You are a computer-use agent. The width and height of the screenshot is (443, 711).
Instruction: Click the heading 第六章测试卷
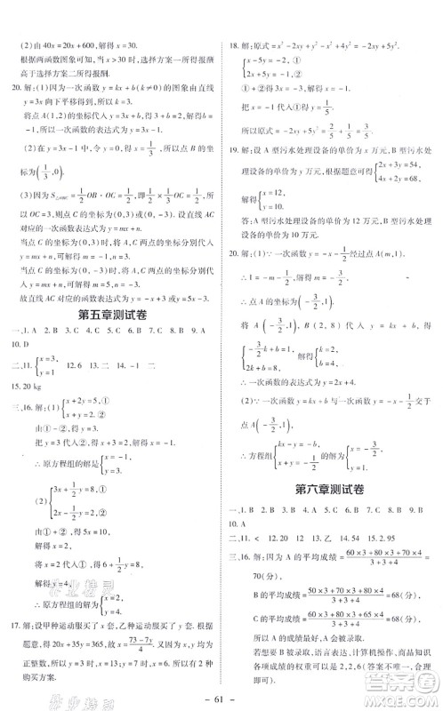[331, 488]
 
